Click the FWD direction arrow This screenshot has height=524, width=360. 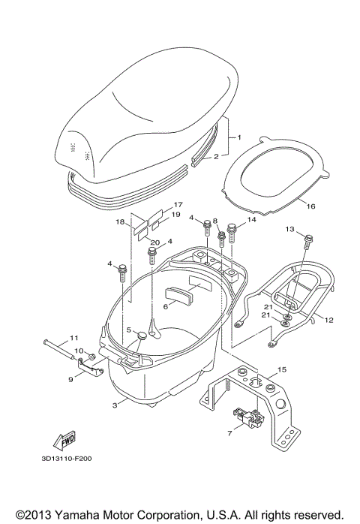pos(64,440)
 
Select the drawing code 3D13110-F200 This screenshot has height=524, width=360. pos(67,459)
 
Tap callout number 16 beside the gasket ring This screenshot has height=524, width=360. pos(310,206)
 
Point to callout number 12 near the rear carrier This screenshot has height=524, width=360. pos(328,320)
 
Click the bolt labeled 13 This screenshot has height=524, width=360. pos(307,242)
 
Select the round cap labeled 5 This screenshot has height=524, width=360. pos(142,335)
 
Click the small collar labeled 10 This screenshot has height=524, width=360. pos(91,357)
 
